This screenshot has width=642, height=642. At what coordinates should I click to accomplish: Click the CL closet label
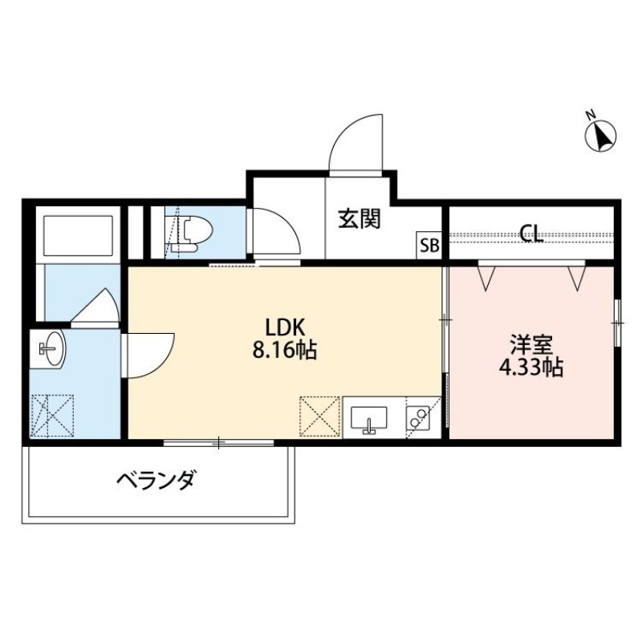pyautogui.click(x=530, y=234)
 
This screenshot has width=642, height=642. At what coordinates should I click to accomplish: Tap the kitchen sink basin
pyautogui.click(x=369, y=418)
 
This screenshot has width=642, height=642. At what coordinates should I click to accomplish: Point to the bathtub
pyautogui.click(x=78, y=234)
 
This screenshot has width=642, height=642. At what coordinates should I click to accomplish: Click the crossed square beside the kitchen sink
pyautogui.click(x=319, y=416)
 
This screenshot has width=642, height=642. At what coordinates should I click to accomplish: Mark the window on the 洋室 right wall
pyautogui.click(x=617, y=322)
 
